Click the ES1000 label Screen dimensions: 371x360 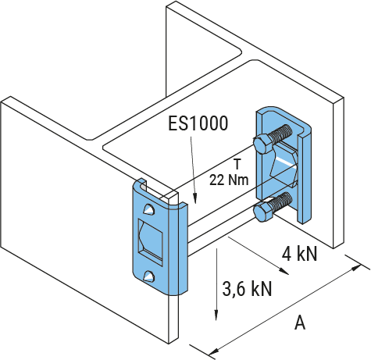(x=198, y=123)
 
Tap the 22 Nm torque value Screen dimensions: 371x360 (x=229, y=180)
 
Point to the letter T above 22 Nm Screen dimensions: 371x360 (x=237, y=165)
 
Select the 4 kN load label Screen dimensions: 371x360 (x=300, y=254)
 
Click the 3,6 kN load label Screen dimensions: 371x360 (x=247, y=289)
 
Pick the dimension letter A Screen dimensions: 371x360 (x=300, y=323)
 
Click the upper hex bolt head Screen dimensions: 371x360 (x=263, y=144)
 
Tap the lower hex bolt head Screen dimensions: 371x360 (x=263, y=212)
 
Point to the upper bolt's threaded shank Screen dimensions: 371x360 (x=280, y=133)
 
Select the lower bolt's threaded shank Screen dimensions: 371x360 (x=281, y=201)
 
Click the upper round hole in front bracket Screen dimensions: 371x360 (x=149, y=209)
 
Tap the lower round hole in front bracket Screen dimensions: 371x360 (x=149, y=277)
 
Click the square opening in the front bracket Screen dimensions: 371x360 (x=150, y=242)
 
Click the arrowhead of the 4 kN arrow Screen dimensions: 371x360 (x=284, y=271)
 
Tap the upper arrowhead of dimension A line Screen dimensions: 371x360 (x=356, y=267)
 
